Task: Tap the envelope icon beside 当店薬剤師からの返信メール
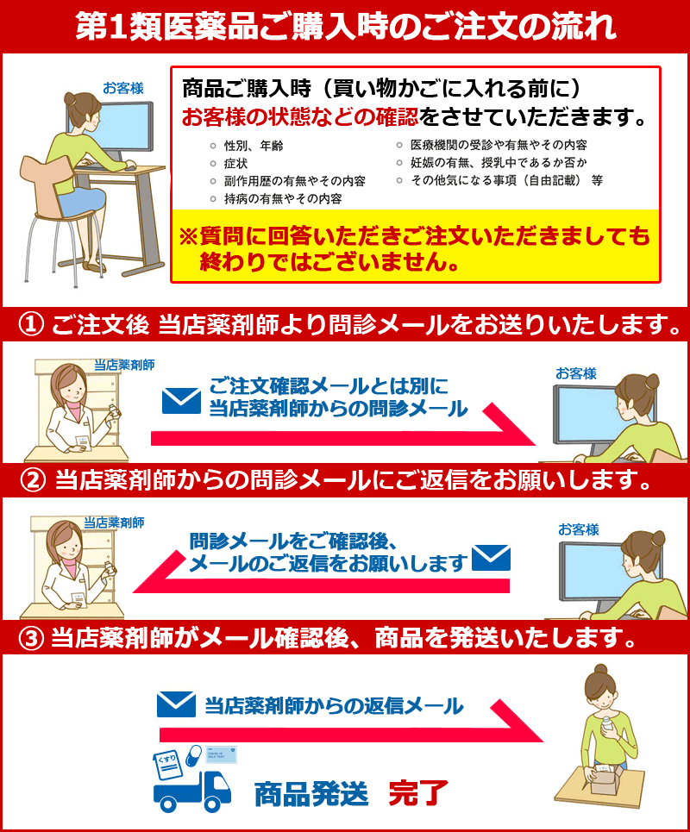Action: [176, 704]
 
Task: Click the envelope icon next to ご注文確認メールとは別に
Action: [181, 401]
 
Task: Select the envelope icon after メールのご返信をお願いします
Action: [491, 558]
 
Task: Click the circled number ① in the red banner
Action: [31, 323]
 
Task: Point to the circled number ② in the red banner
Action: [33, 480]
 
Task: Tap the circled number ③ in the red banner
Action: [31, 638]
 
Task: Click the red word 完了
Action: [418, 794]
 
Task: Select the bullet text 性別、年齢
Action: [254, 146]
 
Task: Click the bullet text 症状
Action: [235, 164]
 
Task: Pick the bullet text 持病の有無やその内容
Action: [283, 199]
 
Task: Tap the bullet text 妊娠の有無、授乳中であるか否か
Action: [499, 162]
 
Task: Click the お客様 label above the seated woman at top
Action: [123, 88]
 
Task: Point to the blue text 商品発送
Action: [311, 794]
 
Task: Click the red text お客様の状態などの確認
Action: [300, 116]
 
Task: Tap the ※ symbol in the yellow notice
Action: [188, 236]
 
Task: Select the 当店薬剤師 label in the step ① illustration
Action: [124, 365]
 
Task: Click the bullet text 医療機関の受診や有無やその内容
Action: [499, 145]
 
